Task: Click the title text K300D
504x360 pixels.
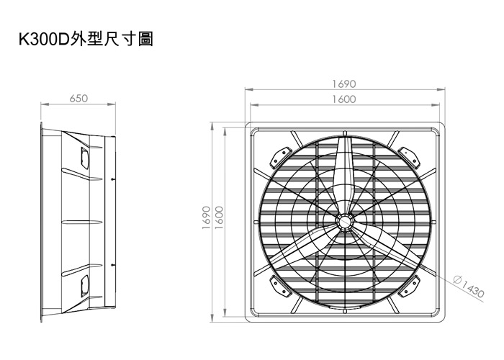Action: click(44, 40)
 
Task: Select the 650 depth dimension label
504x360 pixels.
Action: click(78, 99)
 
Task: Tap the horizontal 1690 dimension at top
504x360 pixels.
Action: click(344, 84)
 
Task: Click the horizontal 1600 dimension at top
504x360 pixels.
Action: click(344, 99)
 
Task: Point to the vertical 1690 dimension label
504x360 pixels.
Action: click(207, 217)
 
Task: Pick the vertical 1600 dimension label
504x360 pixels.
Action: click(219, 217)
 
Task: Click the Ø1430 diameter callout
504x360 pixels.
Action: click(469, 285)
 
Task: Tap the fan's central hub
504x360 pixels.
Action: click(345, 221)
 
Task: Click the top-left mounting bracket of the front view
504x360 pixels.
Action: click(280, 158)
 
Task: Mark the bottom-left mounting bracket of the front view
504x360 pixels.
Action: click(279, 285)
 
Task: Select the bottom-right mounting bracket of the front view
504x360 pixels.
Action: click(409, 286)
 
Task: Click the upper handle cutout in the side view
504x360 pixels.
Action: click(84, 158)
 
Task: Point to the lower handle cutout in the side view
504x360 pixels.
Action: click(84, 286)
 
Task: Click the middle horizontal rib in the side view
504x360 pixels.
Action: click(82, 222)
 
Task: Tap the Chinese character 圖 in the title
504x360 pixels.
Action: click(146, 40)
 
